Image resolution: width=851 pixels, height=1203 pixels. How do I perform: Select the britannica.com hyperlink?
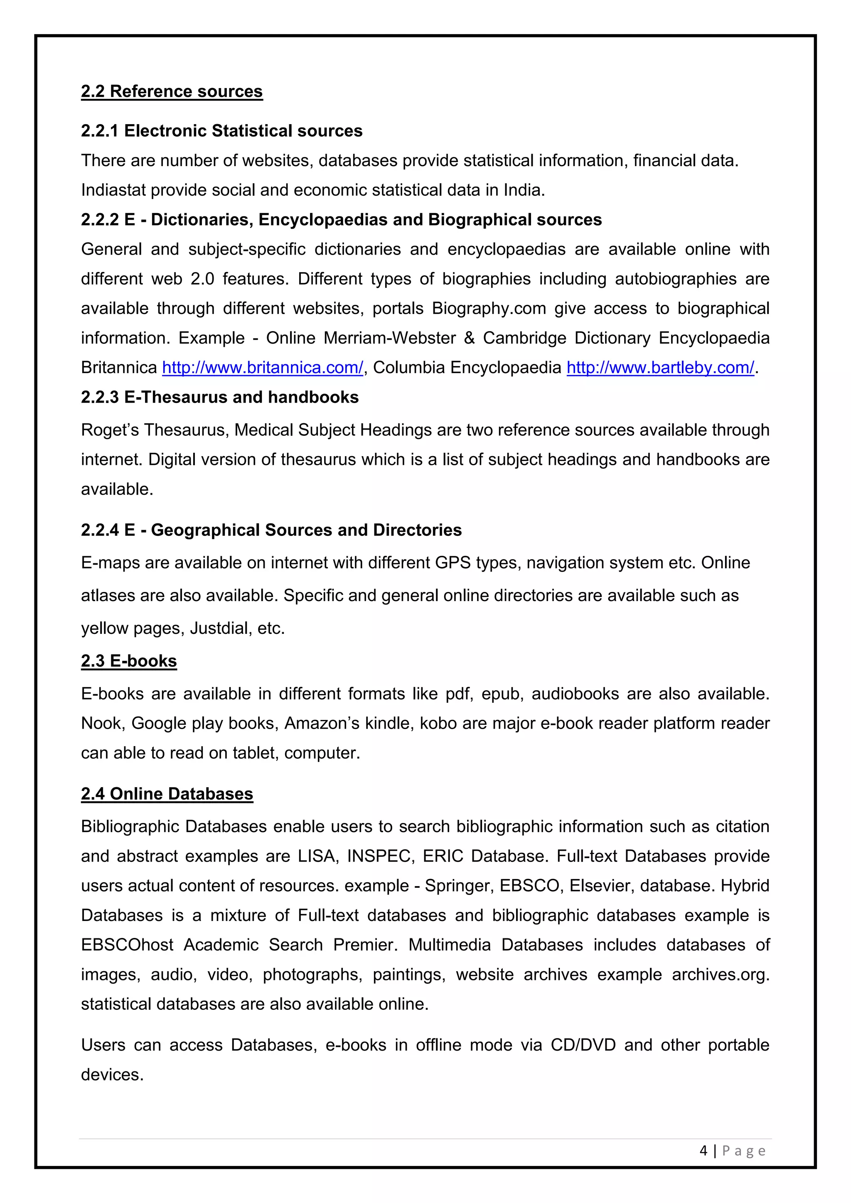tap(263, 368)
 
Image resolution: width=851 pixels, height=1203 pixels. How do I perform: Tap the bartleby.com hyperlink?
tap(660, 368)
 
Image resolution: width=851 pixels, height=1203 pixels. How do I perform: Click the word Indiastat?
tap(113, 190)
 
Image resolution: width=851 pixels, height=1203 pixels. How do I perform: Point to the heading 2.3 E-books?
tap(128, 661)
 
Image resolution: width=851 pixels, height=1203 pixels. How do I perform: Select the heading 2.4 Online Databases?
tap(167, 794)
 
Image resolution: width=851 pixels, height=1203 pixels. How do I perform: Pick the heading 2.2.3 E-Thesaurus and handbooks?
tap(219, 397)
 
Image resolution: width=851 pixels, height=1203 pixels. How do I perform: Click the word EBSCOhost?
tap(127, 945)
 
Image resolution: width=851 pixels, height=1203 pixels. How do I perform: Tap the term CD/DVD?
tap(583, 1045)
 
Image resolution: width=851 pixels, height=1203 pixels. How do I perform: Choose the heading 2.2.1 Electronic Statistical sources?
tap(221, 130)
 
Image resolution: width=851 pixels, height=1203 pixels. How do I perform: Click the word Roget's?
tap(110, 430)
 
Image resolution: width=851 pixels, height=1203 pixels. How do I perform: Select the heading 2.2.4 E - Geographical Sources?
tap(271, 530)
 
